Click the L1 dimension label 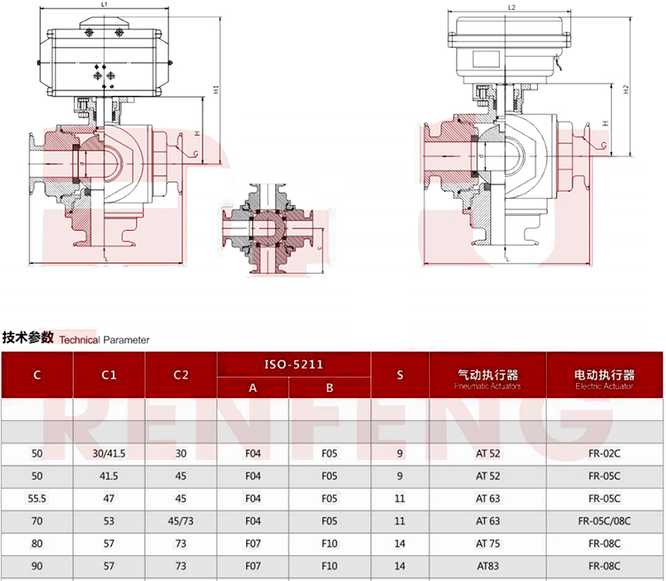(104, 4)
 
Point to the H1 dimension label (216, 89)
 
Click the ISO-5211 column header (294, 364)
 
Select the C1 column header (109, 375)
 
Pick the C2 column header (181, 375)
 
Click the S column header (400, 375)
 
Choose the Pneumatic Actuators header (488, 379)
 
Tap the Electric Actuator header (604, 379)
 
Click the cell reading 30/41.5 (109, 454)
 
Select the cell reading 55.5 (37, 498)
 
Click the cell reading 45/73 (181, 521)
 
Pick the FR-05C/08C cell (604, 521)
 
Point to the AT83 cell (488, 565)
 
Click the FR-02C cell (604, 454)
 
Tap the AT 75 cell (488, 543)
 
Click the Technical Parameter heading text (105, 339)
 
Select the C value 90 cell (37, 565)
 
